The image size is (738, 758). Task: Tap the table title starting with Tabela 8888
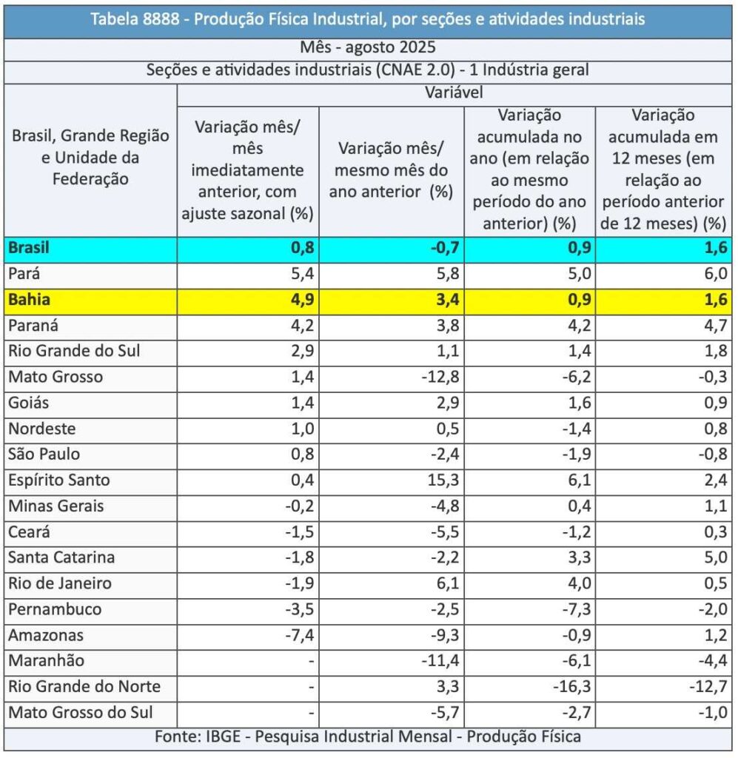click(368, 19)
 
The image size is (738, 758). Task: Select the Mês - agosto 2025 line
click(368, 49)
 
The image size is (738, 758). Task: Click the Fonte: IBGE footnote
click(368, 737)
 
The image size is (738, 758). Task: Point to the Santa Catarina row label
click(61, 557)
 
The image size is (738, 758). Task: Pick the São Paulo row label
click(44, 455)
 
